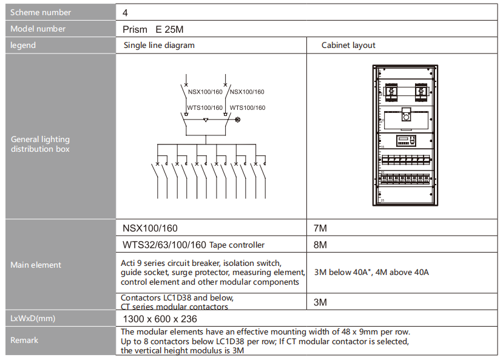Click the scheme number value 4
pyautogui.click(x=125, y=12)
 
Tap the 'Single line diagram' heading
pyautogui.click(x=159, y=45)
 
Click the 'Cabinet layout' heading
pyautogui.click(x=348, y=45)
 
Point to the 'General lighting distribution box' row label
pyautogui.click(x=40, y=144)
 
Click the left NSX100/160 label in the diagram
pyautogui.click(x=205, y=92)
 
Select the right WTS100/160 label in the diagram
pyautogui.click(x=247, y=107)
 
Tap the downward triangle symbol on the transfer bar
pyautogui.click(x=206, y=120)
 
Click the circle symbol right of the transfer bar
pyautogui.click(x=237, y=120)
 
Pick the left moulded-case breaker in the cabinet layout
pyautogui.click(x=392, y=92)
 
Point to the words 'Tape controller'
pyautogui.click(x=237, y=245)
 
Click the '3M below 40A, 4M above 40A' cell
pyautogui.click(x=371, y=272)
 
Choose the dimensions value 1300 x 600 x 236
pyautogui.click(x=160, y=319)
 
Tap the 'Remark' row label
pyautogui.click(x=24, y=340)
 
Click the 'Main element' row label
pyautogui.click(x=36, y=265)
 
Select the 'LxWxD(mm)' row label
pyautogui.click(x=33, y=318)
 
